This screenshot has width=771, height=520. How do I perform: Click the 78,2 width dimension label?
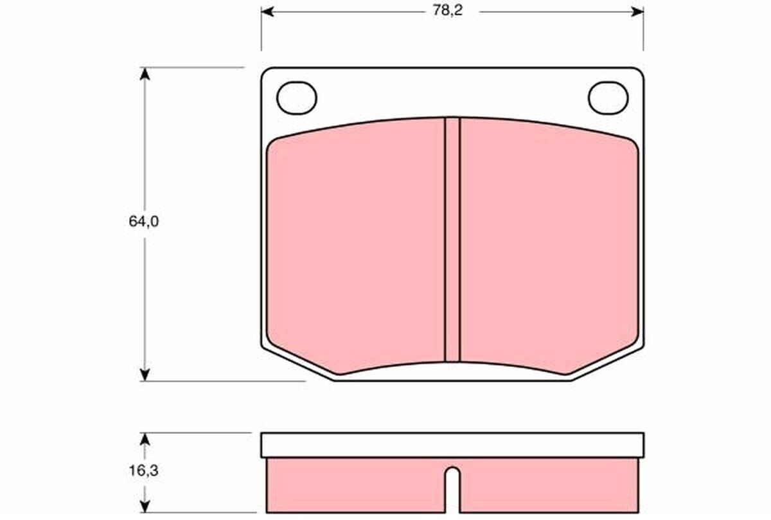(x=447, y=11)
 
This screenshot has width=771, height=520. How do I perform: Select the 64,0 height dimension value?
(x=144, y=221)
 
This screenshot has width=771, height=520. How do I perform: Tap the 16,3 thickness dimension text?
(x=143, y=471)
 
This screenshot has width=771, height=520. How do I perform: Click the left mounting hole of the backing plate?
(x=297, y=98)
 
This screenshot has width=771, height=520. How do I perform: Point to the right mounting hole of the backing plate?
(x=608, y=98)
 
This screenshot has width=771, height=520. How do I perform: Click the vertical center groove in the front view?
(x=452, y=239)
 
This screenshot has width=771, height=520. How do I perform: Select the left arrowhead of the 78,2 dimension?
(x=267, y=12)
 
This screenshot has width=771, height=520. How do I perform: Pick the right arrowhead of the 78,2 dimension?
(x=637, y=12)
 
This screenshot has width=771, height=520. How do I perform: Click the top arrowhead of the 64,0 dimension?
(x=145, y=74)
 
